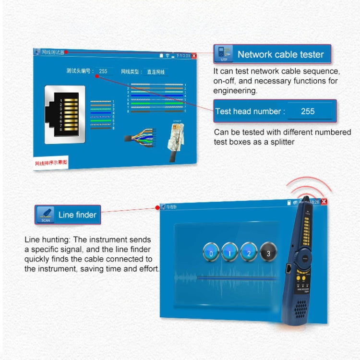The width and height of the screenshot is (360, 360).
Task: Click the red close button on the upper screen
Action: coord(194,56)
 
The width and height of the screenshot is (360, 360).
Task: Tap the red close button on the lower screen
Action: coord(324,202)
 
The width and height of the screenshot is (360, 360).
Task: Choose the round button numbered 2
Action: coord(249,252)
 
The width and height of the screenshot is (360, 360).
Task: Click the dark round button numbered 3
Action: coord(268,252)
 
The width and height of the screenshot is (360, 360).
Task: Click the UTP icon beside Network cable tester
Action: coord(223,54)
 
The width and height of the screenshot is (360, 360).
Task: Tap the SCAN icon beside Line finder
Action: coord(45,215)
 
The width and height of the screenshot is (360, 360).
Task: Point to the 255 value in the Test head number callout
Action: coord(307,111)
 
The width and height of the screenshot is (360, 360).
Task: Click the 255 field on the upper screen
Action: coord(103,71)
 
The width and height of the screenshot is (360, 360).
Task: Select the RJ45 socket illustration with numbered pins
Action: coord(65,114)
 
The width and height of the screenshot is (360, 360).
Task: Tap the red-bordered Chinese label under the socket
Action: coord(51,164)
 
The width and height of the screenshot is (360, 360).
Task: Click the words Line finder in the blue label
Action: coord(77,215)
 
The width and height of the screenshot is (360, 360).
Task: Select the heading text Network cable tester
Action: coord(281,54)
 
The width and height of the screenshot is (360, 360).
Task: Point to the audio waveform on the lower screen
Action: coord(226,277)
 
